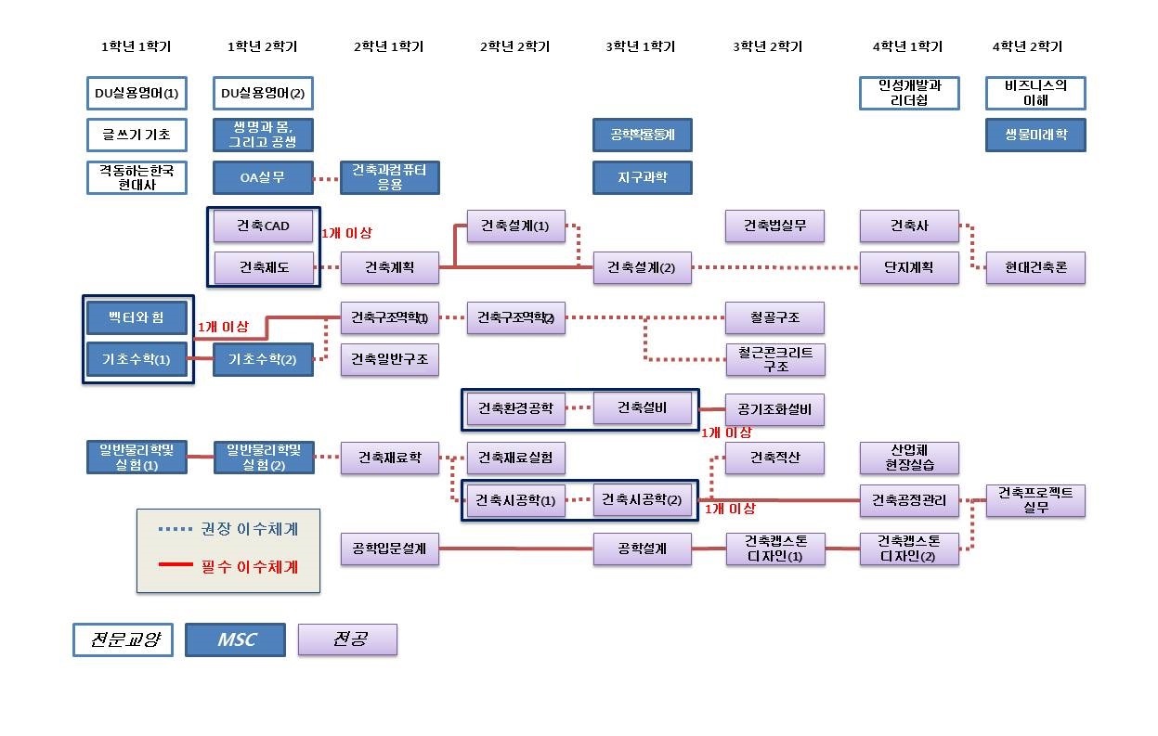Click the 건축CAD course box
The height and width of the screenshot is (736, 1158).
263,226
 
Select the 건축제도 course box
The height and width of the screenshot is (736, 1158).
263,267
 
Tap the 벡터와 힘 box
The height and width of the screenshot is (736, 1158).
137,317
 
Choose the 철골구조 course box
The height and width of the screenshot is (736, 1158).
774,317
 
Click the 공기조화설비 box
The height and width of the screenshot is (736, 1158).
774,408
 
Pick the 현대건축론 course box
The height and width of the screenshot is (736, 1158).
1035,267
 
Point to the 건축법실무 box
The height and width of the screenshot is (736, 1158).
774,226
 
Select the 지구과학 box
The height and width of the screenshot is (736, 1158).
642,177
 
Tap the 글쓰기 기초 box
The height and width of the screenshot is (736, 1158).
137,135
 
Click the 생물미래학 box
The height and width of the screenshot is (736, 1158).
1035,135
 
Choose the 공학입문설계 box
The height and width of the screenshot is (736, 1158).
389,549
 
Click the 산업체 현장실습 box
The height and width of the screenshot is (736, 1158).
909,458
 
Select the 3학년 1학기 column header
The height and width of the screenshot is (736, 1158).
641,46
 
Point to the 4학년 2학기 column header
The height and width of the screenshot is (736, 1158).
1027,46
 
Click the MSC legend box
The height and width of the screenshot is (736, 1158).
236,639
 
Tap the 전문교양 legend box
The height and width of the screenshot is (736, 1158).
124,639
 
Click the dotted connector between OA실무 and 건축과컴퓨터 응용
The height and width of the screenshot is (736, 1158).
327,178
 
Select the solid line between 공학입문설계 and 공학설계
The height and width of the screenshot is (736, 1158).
515,549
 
